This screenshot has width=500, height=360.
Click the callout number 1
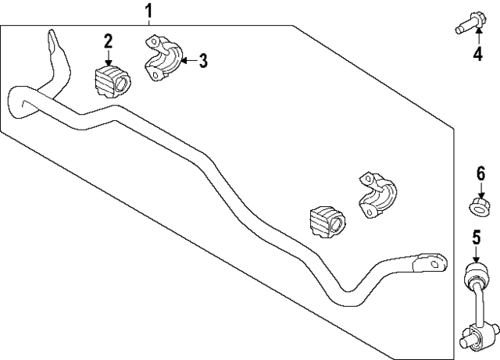[x=148, y=11]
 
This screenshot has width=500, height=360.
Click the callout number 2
[x=108, y=41]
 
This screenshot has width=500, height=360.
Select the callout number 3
[x=203, y=61]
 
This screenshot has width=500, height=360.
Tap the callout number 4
[x=477, y=54]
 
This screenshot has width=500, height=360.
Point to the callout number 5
[x=476, y=238]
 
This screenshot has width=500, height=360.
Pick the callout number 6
[x=481, y=174]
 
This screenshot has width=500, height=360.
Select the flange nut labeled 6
[x=480, y=209]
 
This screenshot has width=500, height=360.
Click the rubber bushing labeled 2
[x=112, y=82]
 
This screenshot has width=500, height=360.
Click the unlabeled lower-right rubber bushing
[x=327, y=221]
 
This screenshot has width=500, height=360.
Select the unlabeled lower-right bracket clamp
[x=378, y=195]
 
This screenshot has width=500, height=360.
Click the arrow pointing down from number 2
[x=109, y=58]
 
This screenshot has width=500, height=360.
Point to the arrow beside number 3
[x=189, y=59]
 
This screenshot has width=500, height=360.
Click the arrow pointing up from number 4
[x=479, y=37]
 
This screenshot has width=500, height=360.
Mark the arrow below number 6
[x=481, y=191]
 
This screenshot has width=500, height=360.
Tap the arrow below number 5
[x=476, y=255]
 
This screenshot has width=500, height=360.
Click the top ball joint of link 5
[x=475, y=275]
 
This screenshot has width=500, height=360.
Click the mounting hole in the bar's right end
[x=434, y=264]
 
